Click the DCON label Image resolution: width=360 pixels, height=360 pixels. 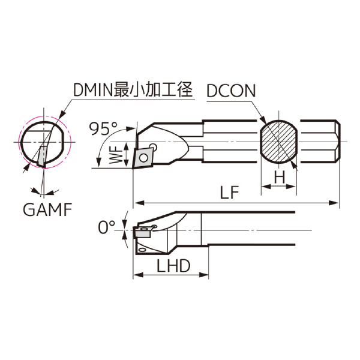231,91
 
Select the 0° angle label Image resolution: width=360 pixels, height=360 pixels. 106,228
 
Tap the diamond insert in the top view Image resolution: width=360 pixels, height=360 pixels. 143,157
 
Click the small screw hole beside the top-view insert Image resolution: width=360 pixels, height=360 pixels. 154,146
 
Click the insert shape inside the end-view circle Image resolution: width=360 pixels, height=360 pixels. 43,155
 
